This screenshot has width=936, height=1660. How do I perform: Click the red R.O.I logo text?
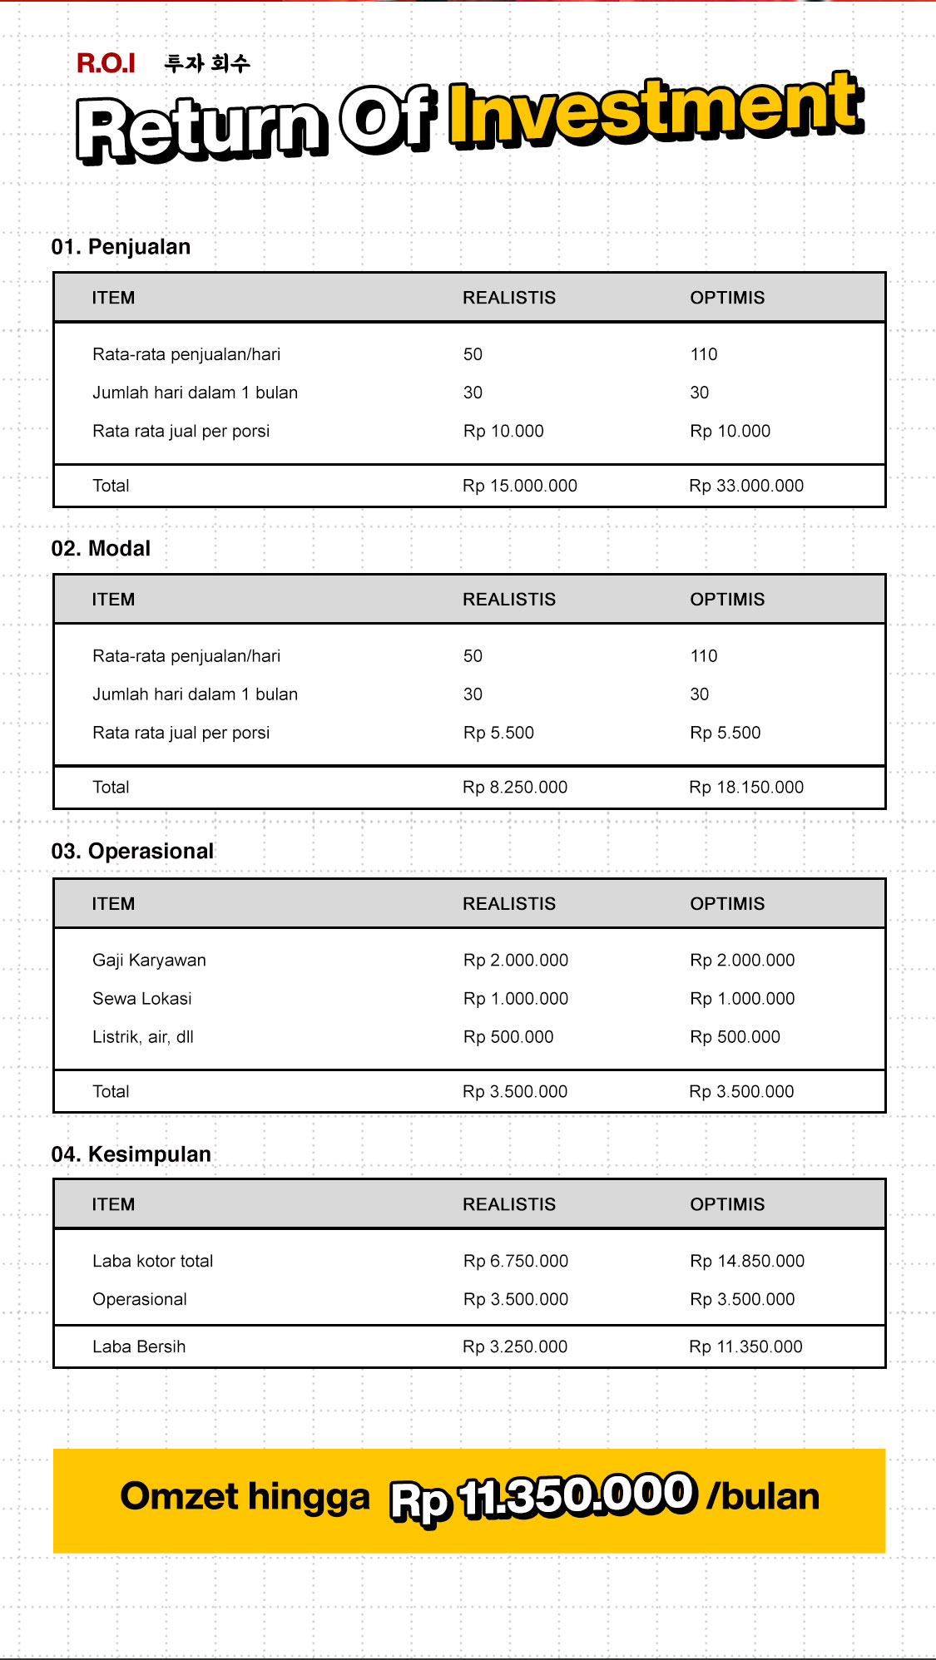(x=106, y=63)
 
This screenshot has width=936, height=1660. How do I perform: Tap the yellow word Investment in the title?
(x=656, y=112)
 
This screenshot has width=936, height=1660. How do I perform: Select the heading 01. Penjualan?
(x=121, y=247)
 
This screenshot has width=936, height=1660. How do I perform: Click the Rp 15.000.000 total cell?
(x=519, y=486)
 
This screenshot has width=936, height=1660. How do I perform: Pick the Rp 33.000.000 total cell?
(x=745, y=486)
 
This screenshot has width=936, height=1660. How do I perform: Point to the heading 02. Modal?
(x=101, y=549)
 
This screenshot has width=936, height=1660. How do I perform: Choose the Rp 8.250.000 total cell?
(x=514, y=788)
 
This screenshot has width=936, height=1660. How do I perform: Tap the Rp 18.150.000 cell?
(x=745, y=788)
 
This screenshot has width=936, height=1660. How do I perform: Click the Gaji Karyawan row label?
(x=149, y=961)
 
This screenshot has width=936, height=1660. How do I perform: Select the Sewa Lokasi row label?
(x=141, y=999)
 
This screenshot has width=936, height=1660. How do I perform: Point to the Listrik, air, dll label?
(x=142, y=1037)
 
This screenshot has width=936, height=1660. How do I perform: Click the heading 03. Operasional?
(x=132, y=852)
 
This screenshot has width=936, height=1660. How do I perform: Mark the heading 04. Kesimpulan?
(x=131, y=1154)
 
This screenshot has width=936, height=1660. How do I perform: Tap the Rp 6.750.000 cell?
(x=515, y=1262)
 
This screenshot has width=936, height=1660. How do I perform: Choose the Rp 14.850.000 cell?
(x=746, y=1262)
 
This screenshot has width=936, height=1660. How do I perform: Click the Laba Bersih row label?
(x=139, y=1347)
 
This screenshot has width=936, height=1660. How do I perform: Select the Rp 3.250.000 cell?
(x=514, y=1347)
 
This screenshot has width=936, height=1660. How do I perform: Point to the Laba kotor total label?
(x=152, y=1262)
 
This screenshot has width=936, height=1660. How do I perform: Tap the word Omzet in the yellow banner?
(x=179, y=1496)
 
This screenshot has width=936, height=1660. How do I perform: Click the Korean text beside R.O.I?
(x=207, y=63)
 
